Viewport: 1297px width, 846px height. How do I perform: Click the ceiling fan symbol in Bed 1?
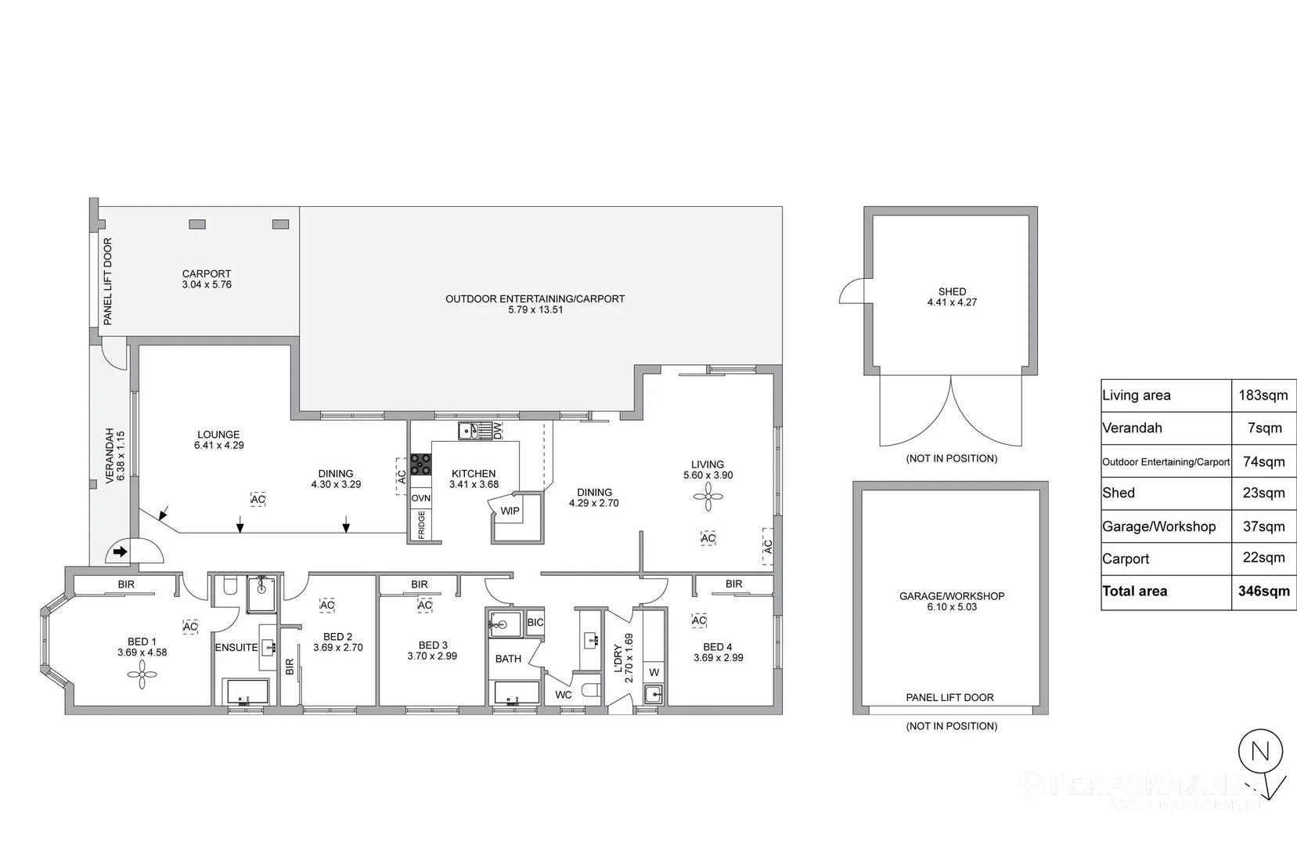(x=142, y=674)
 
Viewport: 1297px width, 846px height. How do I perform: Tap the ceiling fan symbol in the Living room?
(x=708, y=496)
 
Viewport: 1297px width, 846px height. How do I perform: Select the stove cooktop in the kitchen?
(x=420, y=465)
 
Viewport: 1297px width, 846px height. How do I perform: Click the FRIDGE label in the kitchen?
(x=421, y=525)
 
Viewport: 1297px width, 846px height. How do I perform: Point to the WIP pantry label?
(x=510, y=511)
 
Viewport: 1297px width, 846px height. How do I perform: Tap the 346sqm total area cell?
(x=1263, y=591)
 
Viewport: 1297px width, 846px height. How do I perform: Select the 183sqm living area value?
(x=1263, y=396)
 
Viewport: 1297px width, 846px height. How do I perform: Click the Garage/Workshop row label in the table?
(x=1158, y=527)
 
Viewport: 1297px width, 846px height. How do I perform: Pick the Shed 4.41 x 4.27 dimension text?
(x=952, y=302)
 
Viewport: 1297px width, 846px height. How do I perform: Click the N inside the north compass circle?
(x=1260, y=752)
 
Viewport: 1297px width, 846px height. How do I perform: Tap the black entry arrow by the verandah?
(x=120, y=552)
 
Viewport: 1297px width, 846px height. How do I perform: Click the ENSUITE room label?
(x=236, y=648)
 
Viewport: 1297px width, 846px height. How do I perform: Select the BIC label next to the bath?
(x=535, y=623)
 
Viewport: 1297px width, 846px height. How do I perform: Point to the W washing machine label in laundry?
(x=654, y=672)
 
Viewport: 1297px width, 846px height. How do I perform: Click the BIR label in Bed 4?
(x=733, y=584)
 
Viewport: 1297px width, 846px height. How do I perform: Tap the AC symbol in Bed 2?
(x=327, y=605)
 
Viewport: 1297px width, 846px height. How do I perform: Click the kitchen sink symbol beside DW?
(x=469, y=430)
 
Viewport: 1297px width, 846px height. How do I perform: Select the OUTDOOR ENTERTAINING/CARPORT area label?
(x=535, y=298)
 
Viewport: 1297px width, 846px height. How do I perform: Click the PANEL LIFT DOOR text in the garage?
(x=949, y=697)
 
